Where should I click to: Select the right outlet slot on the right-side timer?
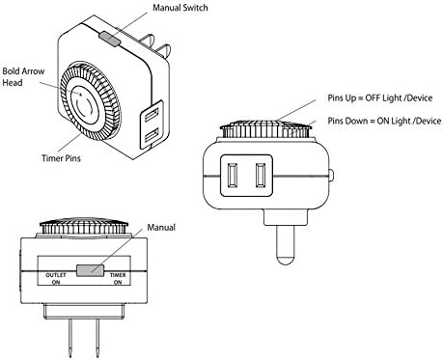click(261, 176)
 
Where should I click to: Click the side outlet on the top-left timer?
click(152, 125)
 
